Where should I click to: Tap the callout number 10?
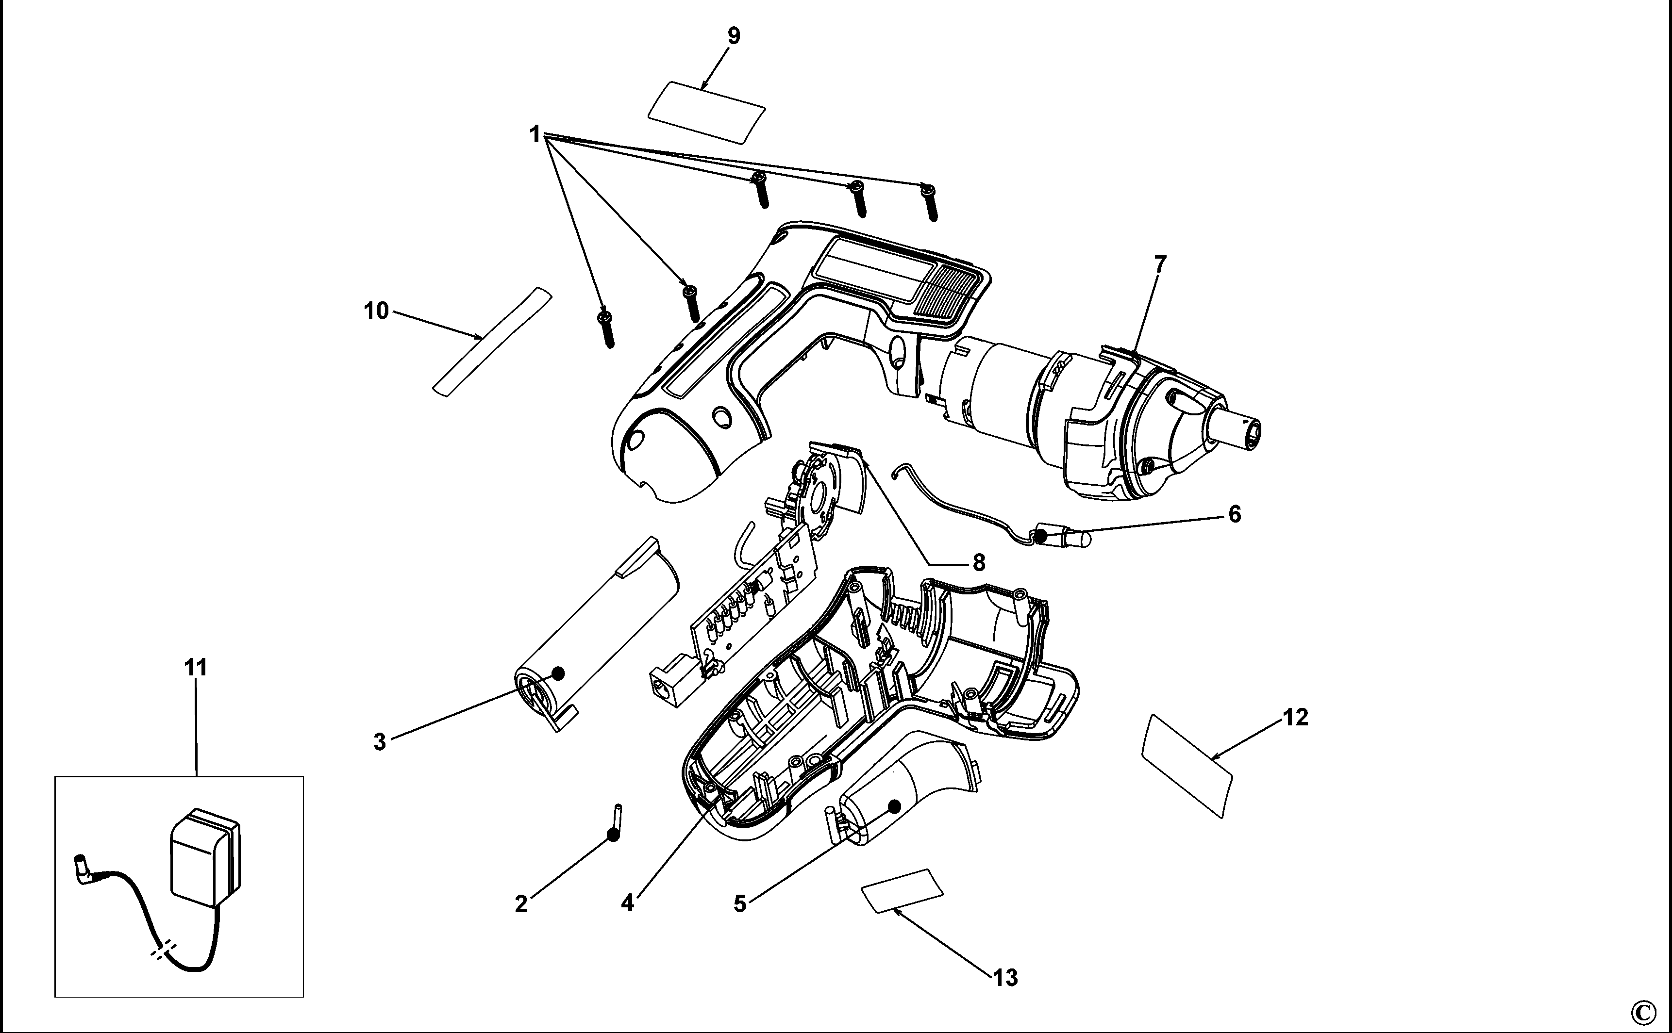pyautogui.click(x=376, y=311)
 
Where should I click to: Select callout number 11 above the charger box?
pyautogui.click(x=196, y=668)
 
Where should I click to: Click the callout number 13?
pyautogui.click(x=1005, y=978)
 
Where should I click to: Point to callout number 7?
pyautogui.click(x=1159, y=264)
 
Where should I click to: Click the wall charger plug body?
pyautogui.click(x=204, y=858)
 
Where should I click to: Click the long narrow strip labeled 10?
pyautogui.click(x=492, y=341)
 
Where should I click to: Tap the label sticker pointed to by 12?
pyautogui.click(x=1187, y=765)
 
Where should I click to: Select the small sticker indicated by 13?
pyautogui.click(x=903, y=891)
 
